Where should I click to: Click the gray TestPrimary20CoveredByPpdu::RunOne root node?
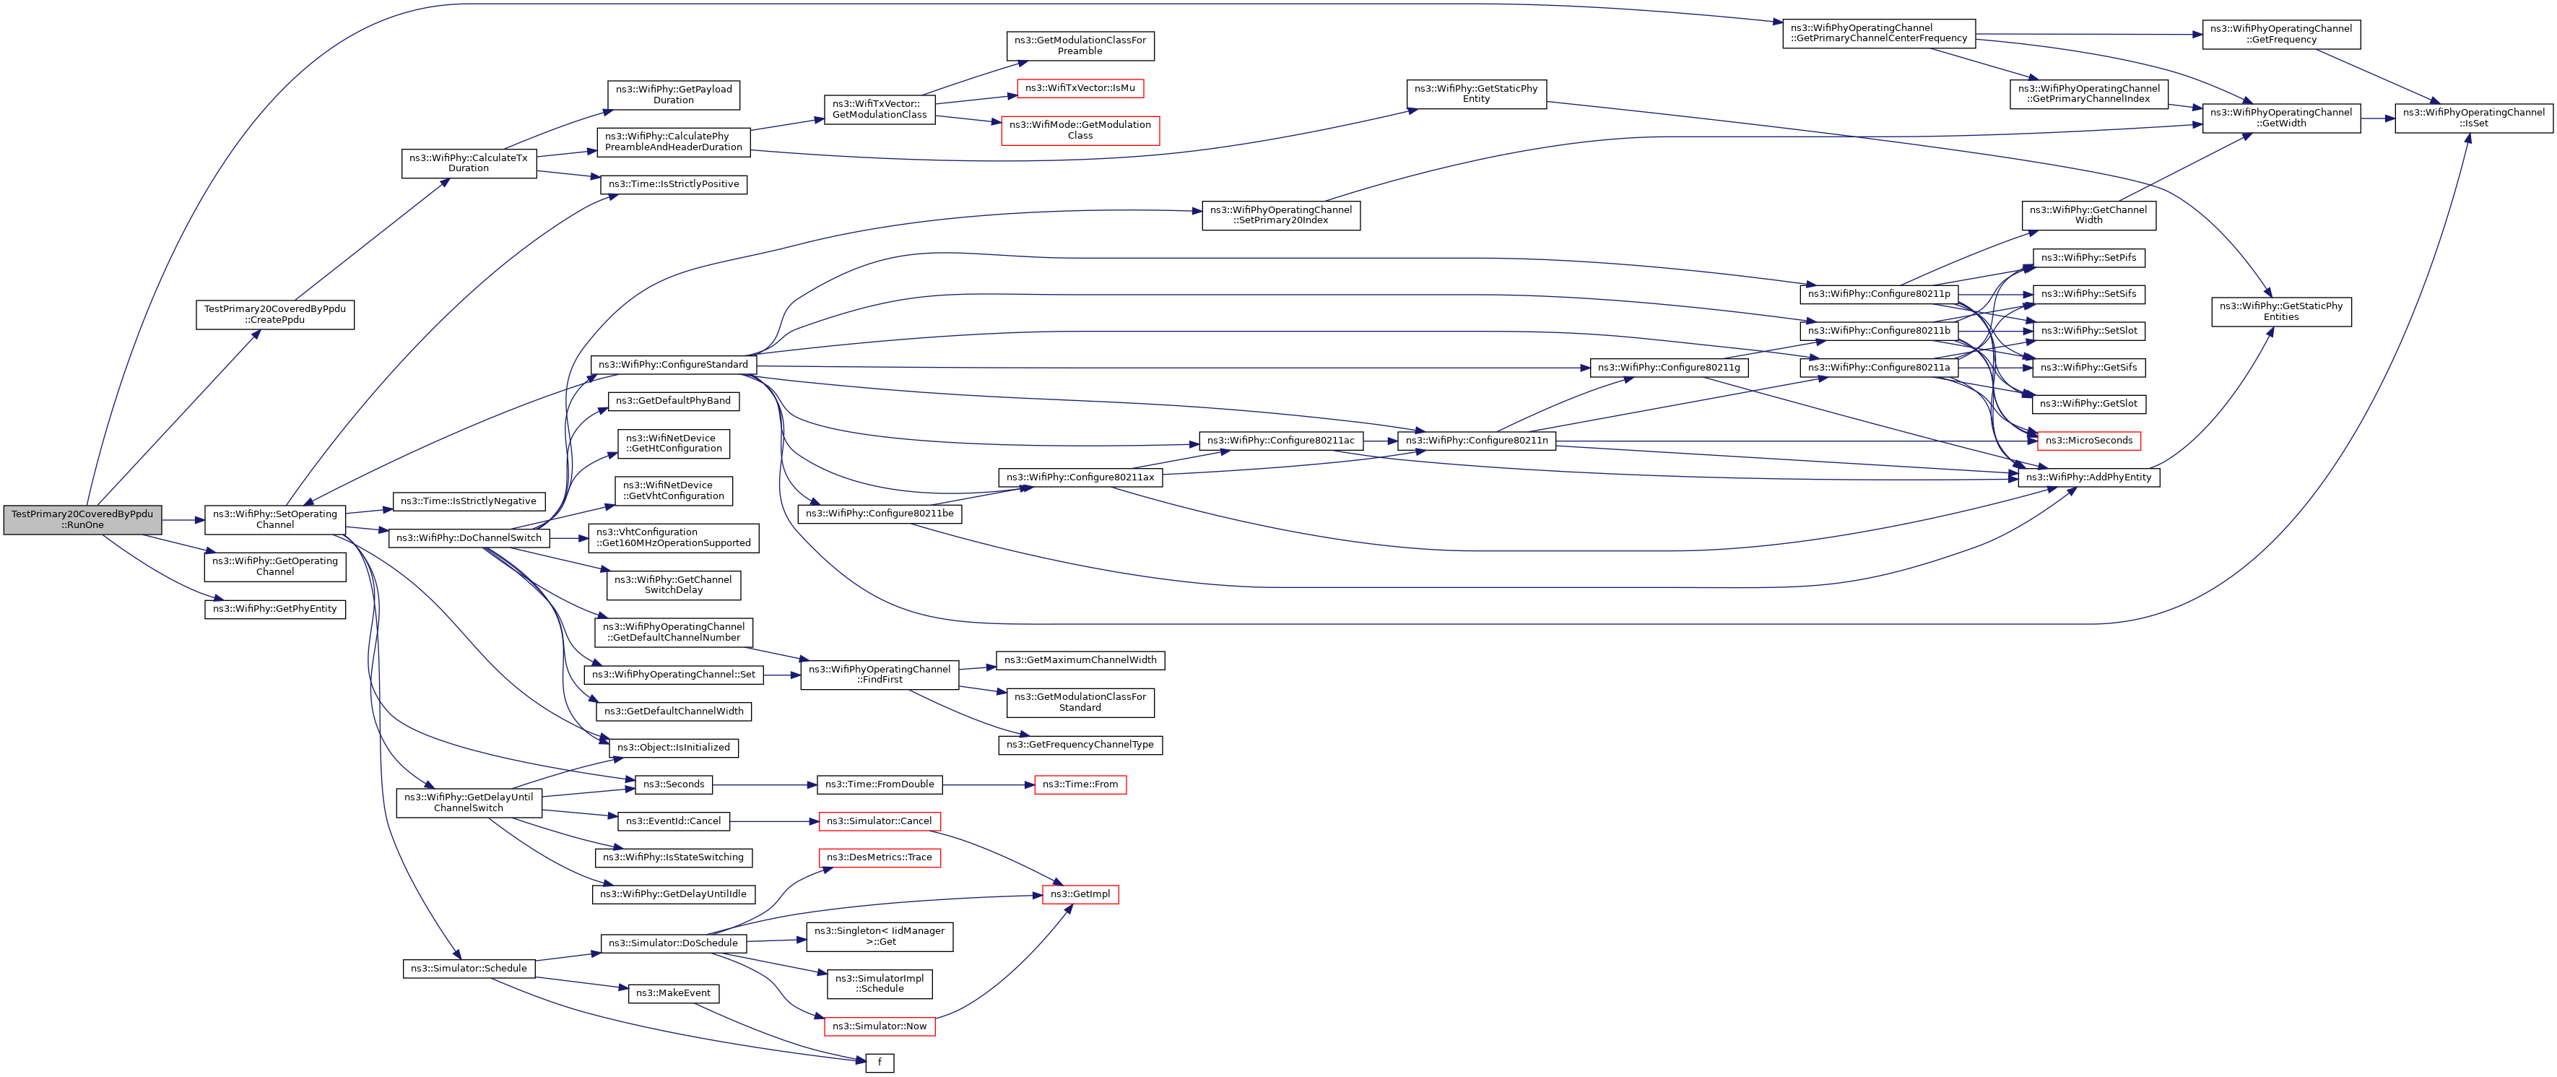(82, 519)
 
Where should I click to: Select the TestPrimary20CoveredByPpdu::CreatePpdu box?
(275, 315)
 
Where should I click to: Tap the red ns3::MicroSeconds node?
(2088, 441)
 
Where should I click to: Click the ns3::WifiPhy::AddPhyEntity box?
(2088, 477)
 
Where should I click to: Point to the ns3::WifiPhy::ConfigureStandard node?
(673, 364)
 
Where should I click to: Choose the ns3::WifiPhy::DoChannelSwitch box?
(469, 538)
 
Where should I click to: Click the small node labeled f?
(880, 1063)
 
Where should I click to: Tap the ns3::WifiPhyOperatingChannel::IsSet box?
(2474, 118)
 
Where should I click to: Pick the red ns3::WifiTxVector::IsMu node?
(1080, 88)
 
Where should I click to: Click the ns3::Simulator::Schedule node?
(469, 968)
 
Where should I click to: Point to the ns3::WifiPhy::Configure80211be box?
(880, 513)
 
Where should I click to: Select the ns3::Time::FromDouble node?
(880, 784)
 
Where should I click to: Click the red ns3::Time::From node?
(1080, 784)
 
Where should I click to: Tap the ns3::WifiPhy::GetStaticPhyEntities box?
(2281, 311)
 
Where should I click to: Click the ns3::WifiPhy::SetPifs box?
(2088, 258)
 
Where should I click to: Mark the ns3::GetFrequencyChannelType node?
(1080, 745)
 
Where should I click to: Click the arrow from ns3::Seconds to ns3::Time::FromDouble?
(764, 784)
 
